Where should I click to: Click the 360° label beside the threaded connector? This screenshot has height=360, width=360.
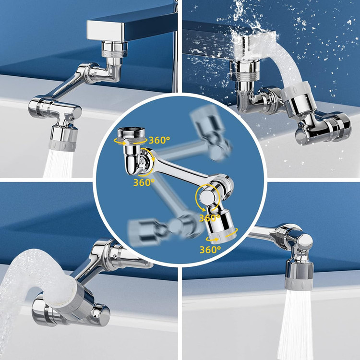(x=159, y=140)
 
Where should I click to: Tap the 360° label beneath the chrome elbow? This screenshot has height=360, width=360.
(x=144, y=182)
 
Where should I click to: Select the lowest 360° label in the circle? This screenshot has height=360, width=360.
(x=210, y=249)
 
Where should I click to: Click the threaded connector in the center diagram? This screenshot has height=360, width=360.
(x=131, y=136)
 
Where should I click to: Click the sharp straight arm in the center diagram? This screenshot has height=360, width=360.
(x=181, y=167)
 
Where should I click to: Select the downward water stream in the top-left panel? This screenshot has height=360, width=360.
(x=58, y=163)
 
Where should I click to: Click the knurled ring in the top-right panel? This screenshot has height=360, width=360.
(x=245, y=76)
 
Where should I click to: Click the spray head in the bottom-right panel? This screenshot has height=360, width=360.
(x=299, y=275)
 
